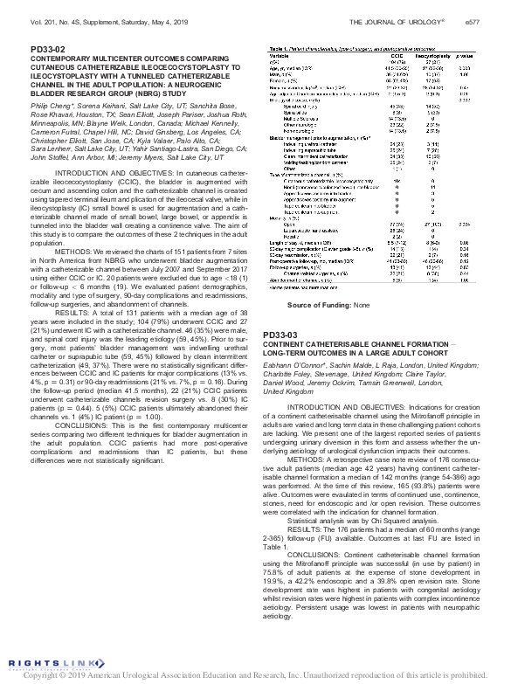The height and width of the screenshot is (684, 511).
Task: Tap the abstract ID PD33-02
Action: (49, 49)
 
